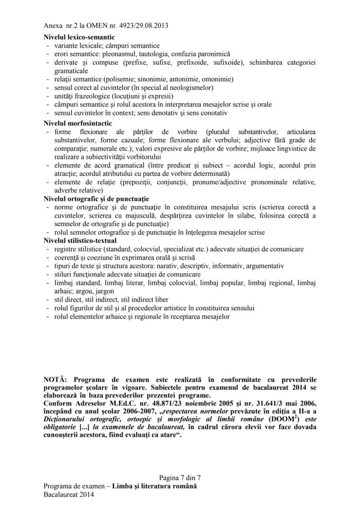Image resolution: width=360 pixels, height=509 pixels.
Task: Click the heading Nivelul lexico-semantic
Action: click(76, 37)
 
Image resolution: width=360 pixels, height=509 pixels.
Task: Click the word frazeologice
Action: click(90, 96)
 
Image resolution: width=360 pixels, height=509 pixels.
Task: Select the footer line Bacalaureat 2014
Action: click(69, 494)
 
